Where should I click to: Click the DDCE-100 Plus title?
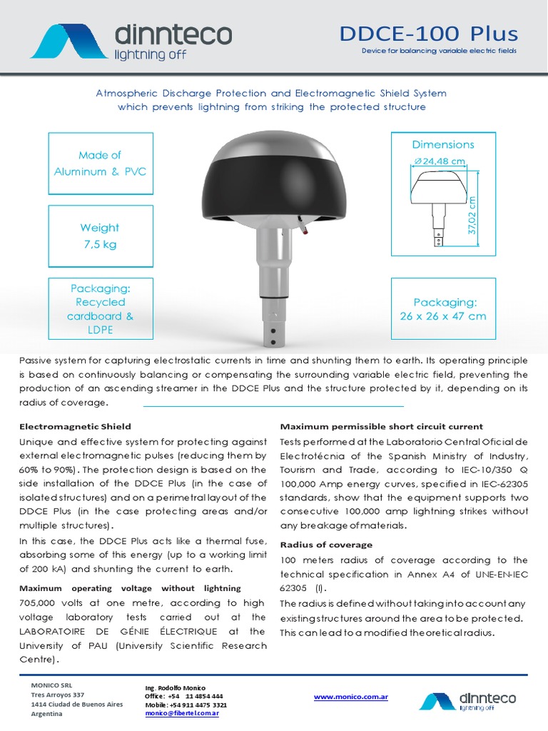pos(428,33)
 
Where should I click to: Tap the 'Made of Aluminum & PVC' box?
pos(100,163)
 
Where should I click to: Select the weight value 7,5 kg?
pos(99,244)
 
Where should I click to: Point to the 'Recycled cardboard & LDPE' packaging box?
pos(100,309)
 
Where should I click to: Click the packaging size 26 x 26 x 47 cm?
pos(442,316)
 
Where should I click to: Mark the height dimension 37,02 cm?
pos(472,216)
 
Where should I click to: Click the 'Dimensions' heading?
pos(442,144)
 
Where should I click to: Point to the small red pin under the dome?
pos(305,230)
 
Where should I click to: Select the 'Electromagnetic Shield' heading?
pos(75,426)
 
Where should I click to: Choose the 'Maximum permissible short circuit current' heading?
pos(381,426)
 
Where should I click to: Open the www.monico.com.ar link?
pos(350,697)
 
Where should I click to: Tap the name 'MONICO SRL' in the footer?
pos(50,685)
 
